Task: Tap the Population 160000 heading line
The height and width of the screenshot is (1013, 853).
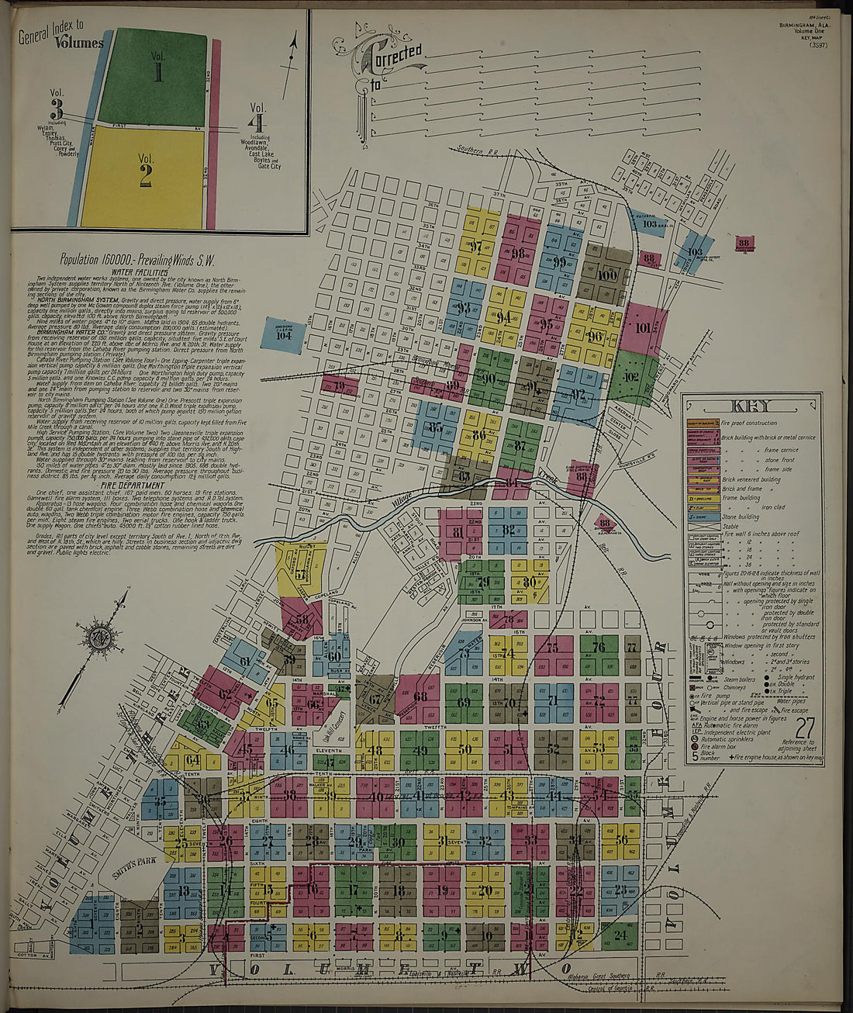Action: pyautogui.click(x=137, y=261)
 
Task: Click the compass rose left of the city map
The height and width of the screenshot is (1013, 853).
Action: pyautogui.click(x=100, y=638)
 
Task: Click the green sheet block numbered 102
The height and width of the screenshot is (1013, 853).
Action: pyautogui.click(x=633, y=379)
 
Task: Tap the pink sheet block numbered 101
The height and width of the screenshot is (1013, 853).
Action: pyautogui.click(x=643, y=328)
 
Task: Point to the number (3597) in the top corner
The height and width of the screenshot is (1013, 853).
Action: pyautogui.click(x=817, y=45)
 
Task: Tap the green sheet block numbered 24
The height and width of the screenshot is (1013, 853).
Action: pyautogui.click(x=620, y=935)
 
